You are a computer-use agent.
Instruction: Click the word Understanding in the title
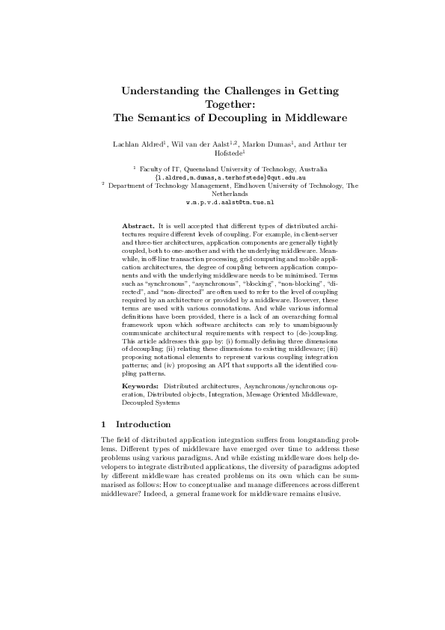tap(160, 91)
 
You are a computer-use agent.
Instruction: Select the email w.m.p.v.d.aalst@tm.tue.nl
tap(230, 202)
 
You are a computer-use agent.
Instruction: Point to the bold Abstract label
tap(137, 224)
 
